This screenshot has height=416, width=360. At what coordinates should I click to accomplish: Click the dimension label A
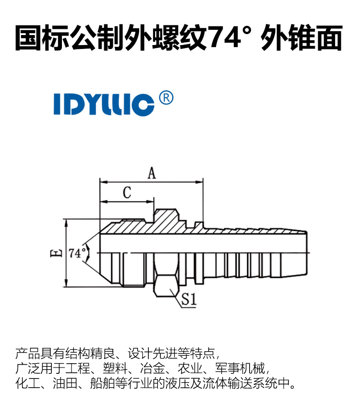click(152, 173)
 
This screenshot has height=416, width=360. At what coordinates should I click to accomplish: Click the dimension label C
click(127, 192)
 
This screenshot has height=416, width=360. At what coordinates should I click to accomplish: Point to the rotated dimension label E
click(56, 253)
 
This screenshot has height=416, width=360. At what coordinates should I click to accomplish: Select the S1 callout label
click(189, 299)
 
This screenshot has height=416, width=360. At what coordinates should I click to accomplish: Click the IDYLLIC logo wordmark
click(104, 105)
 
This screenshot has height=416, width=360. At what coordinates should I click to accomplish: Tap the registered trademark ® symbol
click(166, 98)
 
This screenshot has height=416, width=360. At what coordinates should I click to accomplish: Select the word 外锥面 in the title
click(301, 37)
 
